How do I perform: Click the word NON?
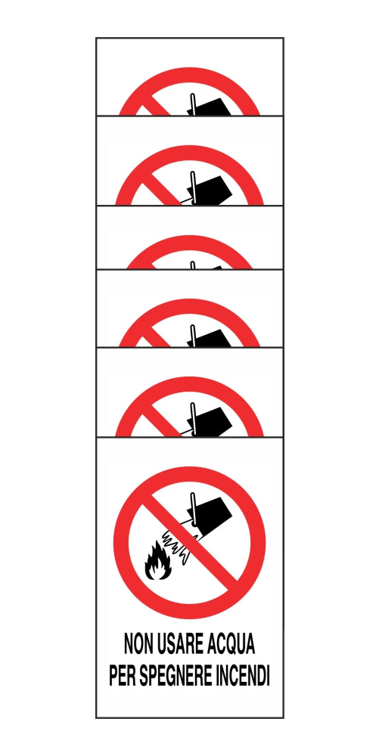point(141,645)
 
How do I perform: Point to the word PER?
point(123,675)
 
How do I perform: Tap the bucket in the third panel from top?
point(214,267)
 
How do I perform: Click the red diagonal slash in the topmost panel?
point(156,107)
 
